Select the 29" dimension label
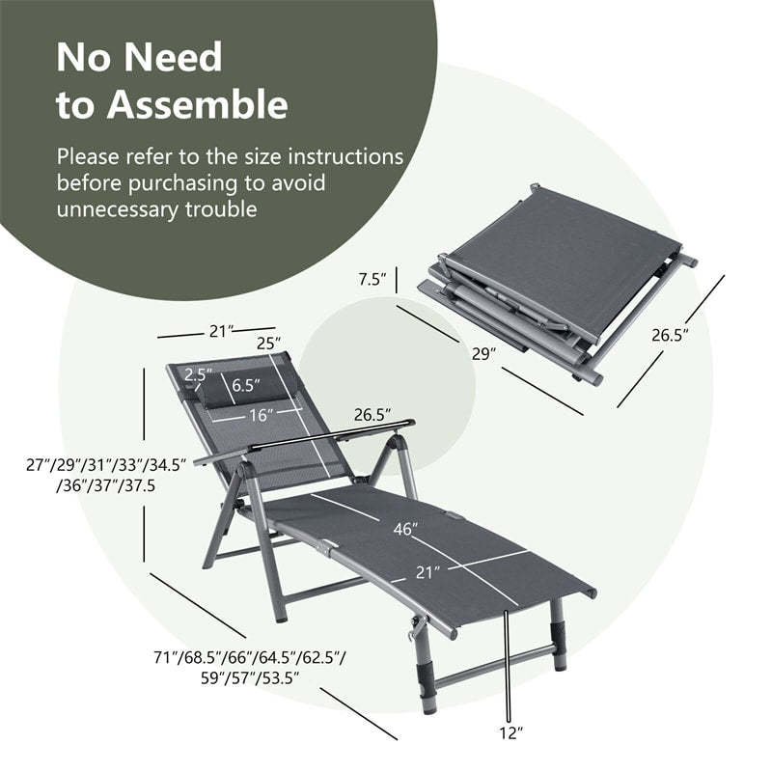tap(484, 354)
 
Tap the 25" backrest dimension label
tap(267, 343)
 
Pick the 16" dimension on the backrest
tap(258, 415)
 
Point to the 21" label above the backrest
tap(221, 331)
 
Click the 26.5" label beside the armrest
tap(372, 415)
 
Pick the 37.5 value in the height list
tap(138, 485)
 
